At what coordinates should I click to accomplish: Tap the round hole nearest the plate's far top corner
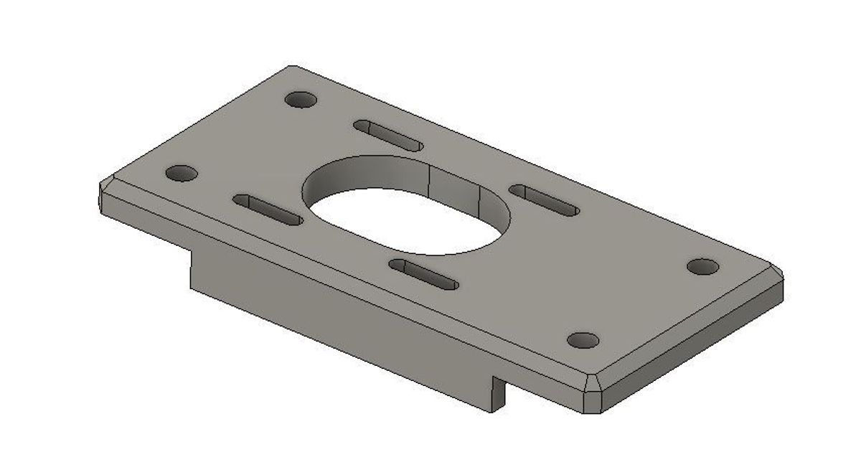(301, 99)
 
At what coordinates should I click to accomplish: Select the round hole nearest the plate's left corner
(182, 174)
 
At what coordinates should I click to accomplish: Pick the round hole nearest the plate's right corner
(702, 267)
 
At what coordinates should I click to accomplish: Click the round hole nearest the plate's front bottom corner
(583, 339)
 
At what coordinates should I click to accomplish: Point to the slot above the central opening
(388, 135)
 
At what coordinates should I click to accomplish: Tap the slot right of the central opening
(544, 200)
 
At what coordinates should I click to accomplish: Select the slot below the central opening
(423, 274)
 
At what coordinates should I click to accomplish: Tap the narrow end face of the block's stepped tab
(499, 394)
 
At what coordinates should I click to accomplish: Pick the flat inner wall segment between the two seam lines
(454, 188)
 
